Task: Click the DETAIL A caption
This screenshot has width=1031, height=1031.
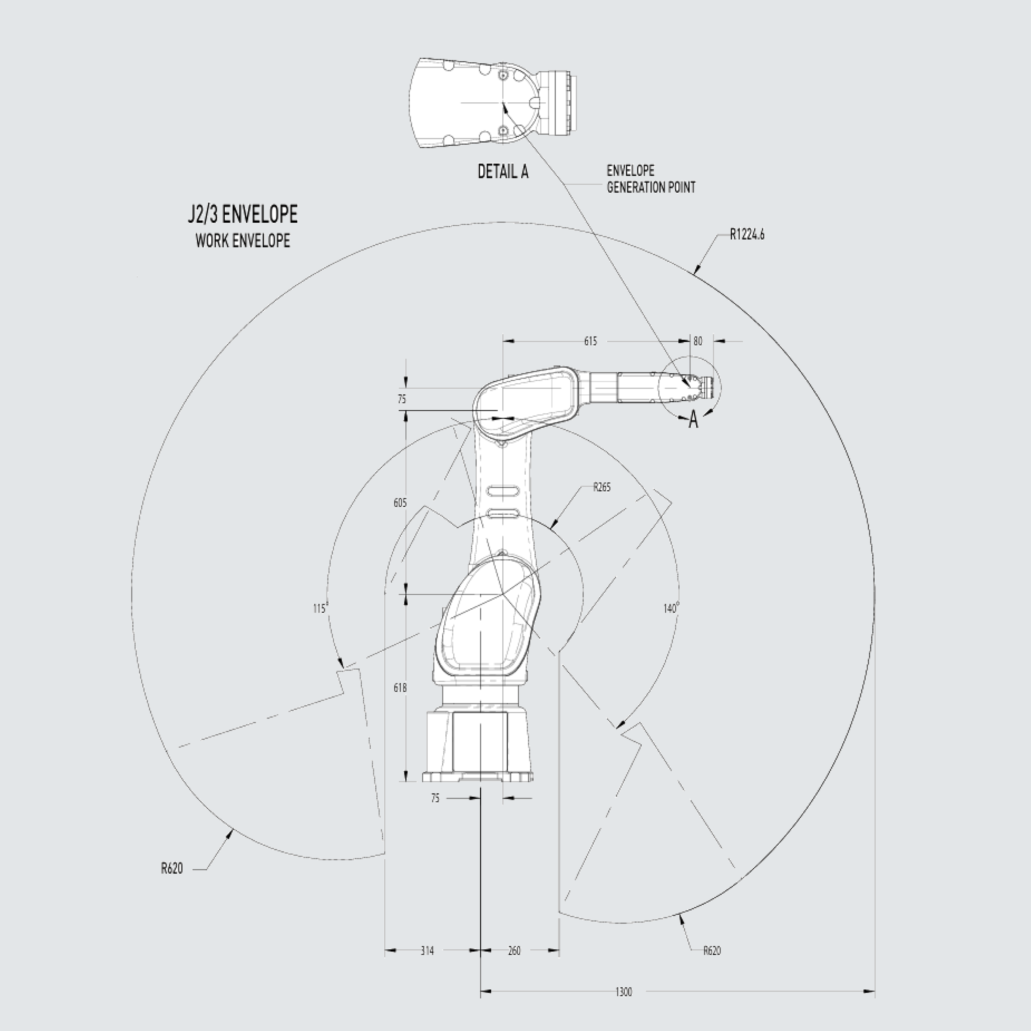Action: click(503, 172)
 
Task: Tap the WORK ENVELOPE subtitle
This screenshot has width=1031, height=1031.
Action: click(243, 241)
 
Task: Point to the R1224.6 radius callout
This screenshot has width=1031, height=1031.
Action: click(747, 234)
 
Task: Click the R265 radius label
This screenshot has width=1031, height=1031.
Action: click(602, 487)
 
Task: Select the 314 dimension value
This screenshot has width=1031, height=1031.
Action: click(427, 951)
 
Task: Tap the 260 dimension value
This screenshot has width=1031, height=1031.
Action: click(514, 951)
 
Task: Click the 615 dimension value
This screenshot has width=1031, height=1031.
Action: click(590, 341)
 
